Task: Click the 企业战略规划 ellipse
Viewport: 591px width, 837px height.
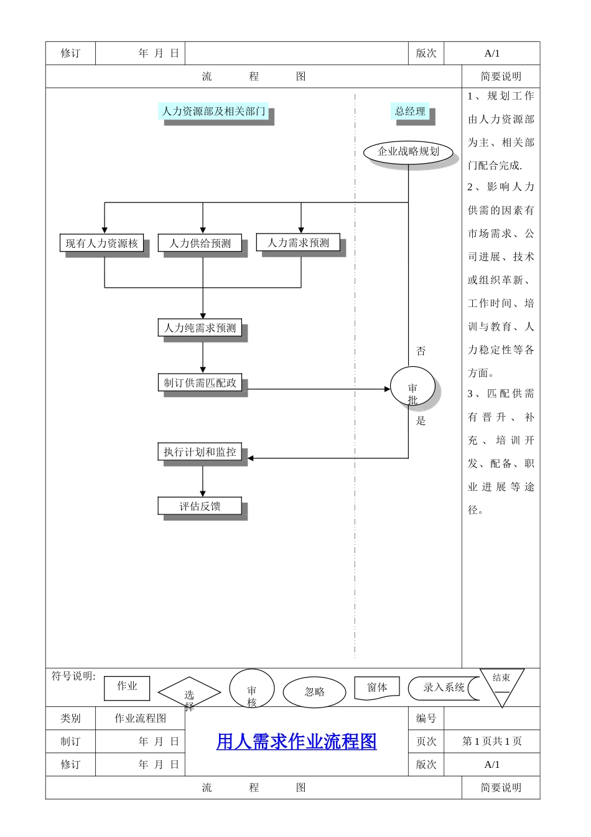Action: (408, 151)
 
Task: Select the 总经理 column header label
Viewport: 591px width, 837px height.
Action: (410, 111)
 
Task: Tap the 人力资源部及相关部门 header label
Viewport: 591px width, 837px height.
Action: (213, 111)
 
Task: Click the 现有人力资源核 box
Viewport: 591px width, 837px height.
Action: (102, 243)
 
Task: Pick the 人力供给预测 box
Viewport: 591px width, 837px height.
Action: (200, 243)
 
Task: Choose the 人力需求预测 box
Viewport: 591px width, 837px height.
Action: (298, 242)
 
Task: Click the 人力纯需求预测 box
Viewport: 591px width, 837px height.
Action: (200, 328)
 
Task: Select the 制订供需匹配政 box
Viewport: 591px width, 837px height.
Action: (200, 382)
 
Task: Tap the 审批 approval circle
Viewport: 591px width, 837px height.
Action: (412, 389)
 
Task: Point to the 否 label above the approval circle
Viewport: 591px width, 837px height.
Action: (421, 351)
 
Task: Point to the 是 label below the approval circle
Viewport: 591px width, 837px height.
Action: (421, 421)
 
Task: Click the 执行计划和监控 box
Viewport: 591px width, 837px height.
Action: (200, 452)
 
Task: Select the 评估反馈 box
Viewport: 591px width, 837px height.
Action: (200, 506)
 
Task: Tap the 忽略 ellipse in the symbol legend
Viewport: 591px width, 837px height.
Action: (315, 692)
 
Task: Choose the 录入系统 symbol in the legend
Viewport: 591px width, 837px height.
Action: (443, 688)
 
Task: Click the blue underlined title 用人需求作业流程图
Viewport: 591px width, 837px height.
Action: (296, 741)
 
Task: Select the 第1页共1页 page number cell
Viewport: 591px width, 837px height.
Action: (491, 741)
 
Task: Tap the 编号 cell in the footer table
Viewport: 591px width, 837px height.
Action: (426, 718)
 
